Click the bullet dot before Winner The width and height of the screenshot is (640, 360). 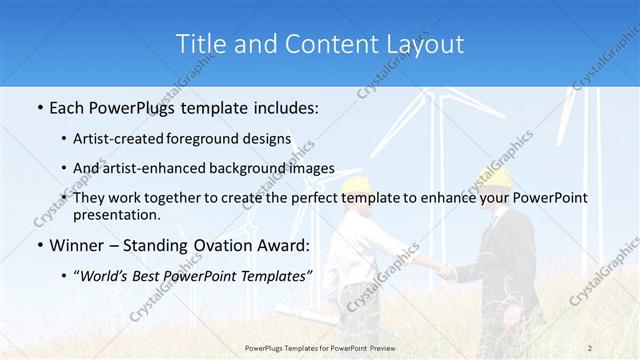pyautogui.click(x=38, y=246)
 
